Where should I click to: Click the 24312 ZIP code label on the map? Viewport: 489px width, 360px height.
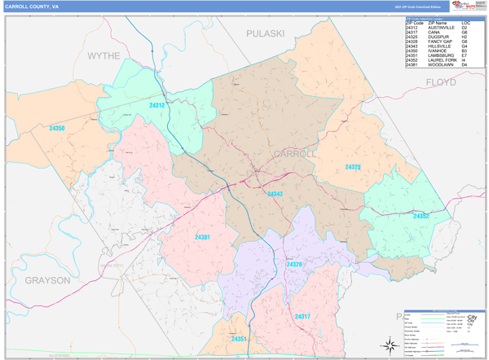click(x=157, y=106)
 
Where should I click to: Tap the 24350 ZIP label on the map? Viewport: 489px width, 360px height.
click(x=57, y=129)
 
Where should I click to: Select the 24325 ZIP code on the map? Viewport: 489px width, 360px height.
click(x=352, y=167)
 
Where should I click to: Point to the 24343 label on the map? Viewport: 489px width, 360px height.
click(x=275, y=194)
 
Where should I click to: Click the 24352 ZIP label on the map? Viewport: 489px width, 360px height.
click(x=421, y=216)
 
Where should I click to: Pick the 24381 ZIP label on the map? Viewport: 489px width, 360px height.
click(x=202, y=237)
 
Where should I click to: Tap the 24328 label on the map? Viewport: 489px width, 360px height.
click(x=293, y=265)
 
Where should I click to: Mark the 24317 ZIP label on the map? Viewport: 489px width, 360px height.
click(x=302, y=317)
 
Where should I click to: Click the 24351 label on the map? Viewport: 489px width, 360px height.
click(x=239, y=339)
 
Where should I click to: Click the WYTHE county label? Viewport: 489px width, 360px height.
click(x=104, y=55)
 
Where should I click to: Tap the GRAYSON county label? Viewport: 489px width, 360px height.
click(x=47, y=280)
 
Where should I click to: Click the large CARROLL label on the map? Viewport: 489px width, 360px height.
click(x=294, y=154)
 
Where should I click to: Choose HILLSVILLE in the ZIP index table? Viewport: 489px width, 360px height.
click(x=439, y=46)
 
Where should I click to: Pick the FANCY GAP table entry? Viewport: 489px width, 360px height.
click(x=439, y=42)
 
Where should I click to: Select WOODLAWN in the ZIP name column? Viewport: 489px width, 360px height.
click(x=438, y=64)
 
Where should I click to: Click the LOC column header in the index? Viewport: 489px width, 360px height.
click(x=465, y=23)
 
